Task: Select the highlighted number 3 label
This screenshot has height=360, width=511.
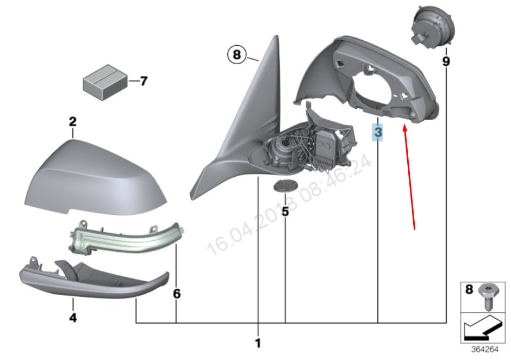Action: click(377, 132)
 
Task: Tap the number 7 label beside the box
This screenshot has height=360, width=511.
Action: click(143, 82)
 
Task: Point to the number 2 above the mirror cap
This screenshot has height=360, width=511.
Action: click(73, 121)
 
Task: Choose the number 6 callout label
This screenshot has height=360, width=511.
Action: click(177, 294)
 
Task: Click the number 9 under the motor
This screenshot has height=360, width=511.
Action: click(446, 61)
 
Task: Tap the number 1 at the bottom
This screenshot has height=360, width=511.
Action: click(258, 343)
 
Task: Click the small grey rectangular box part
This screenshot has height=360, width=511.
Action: click(105, 81)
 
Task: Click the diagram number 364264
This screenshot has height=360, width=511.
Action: click(484, 350)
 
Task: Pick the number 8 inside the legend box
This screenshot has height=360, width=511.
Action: click(469, 290)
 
